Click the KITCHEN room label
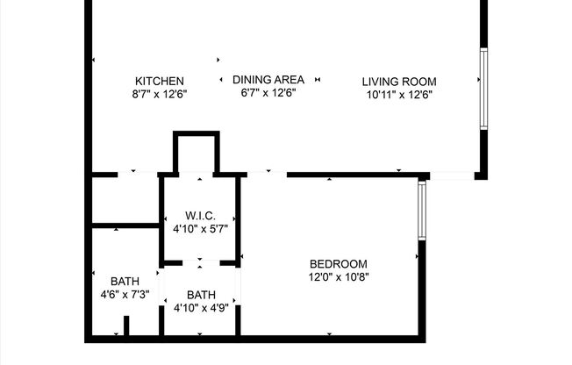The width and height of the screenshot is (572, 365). (x=159, y=81)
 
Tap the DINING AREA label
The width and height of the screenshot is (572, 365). (x=268, y=80)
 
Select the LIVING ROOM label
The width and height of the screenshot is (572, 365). (x=398, y=82)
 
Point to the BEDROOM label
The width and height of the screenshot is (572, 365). (x=339, y=264)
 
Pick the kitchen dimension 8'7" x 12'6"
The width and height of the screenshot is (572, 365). (x=159, y=93)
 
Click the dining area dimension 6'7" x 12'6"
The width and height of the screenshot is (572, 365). (x=268, y=92)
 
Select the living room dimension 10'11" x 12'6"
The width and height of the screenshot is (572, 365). (x=398, y=94)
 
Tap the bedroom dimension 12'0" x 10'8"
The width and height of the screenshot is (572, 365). (x=339, y=276)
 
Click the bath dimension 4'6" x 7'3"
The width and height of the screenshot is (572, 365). (x=125, y=294)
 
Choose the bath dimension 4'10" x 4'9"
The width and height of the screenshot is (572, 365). (x=201, y=307)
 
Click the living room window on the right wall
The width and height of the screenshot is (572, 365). (x=483, y=89)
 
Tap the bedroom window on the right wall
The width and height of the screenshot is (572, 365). (x=422, y=211)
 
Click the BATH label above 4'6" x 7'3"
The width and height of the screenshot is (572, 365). (x=125, y=282)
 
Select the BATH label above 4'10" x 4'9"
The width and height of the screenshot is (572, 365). (x=201, y=295)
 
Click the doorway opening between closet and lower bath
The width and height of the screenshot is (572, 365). (x=201, y=262)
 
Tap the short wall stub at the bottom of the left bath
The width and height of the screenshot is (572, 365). (x=126, y=326)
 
